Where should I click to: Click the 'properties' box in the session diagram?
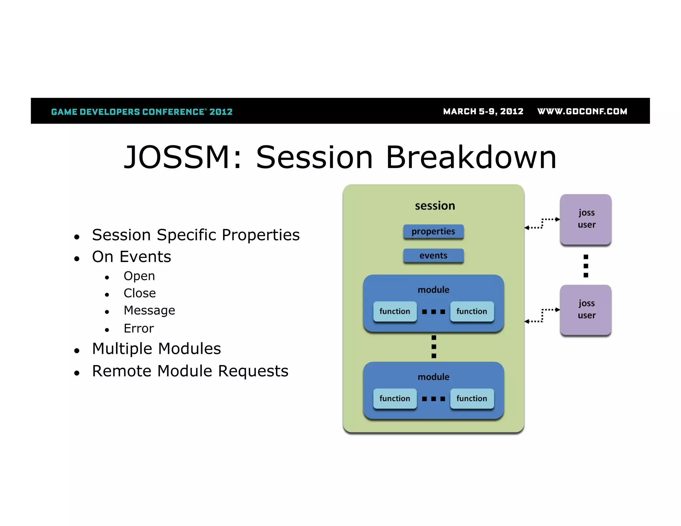[x=433, y=231]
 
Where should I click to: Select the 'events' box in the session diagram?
[x=433, y=256]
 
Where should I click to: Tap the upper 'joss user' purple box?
[x=586, y=219]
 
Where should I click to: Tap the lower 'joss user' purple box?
[x=586, y=310]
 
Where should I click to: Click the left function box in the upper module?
[x=395, y=312]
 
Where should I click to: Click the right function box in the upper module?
[x=472, y=312]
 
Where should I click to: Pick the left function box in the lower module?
[x=395, y=398]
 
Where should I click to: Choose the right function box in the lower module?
[x=472, y=398]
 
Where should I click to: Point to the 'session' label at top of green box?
[x=435, y=206]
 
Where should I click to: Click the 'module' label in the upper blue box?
[x=433, y=290]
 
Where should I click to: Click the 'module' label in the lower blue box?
[x=433, y=377]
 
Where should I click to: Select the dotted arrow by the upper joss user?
[x=542, y=223]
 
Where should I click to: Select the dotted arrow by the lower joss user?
[x=542, y=315]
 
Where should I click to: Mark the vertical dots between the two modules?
[x=434, y=346]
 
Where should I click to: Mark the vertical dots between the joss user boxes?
[x=586, y=266]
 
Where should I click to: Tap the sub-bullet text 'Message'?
[x=149, y=310]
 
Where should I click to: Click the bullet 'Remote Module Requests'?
[x=190, y=371]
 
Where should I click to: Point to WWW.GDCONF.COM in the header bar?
[x=582, y=111]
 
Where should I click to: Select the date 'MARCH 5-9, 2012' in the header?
[x=483, y=111]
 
